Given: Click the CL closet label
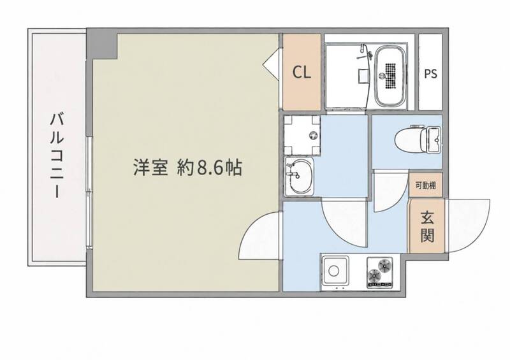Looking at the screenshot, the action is (302, 72).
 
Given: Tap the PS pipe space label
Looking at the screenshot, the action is (430, 74).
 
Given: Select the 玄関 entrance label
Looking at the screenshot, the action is (427, 227).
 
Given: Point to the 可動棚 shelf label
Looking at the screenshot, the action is (426, 185).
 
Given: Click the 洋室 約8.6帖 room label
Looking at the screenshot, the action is (187, 167).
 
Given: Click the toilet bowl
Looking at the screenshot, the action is (411, 140).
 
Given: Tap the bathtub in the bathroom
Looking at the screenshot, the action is (391, 76).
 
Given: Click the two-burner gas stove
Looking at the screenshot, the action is (379, 273).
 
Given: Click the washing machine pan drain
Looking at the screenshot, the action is (313, 135).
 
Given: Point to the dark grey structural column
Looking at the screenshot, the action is (102, 45).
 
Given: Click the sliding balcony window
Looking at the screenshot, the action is (89, 192).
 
